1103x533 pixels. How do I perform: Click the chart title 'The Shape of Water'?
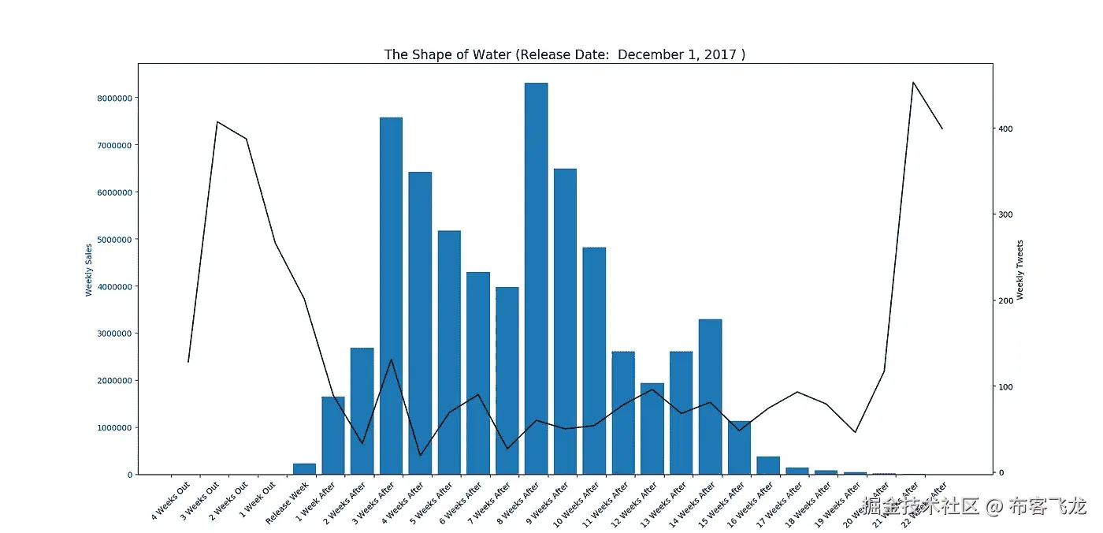coord(564,54)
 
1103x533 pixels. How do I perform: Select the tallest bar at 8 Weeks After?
coord(536,276)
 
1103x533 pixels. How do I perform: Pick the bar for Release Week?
coord(304,469)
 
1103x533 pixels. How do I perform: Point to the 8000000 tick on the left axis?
coord(110,99)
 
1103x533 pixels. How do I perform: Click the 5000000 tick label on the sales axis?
coord(110,240)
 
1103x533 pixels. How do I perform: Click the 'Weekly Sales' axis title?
coord(89,270)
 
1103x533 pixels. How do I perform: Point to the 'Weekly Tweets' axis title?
coord(1020,270)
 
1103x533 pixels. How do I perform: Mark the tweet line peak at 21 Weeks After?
coord(912,82)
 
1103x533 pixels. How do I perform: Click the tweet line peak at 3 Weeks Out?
coord(217,121)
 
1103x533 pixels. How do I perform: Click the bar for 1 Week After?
coord(333,435)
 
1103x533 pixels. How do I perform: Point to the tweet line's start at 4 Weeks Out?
coord(188,362)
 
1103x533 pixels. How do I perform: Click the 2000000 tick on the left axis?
coord(110,381)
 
